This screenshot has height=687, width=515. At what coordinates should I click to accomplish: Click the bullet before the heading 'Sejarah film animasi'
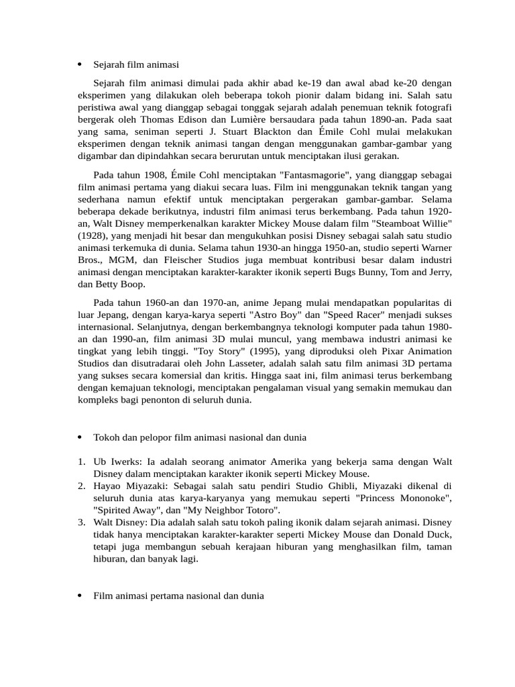click(x=79, y=64)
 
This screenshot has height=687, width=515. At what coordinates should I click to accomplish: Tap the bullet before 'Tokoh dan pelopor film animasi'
click(x=79, y=437)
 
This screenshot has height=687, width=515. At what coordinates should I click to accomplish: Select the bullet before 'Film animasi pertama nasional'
click(x=79, y=596)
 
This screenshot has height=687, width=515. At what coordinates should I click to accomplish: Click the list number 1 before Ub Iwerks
click(x=80, y=462)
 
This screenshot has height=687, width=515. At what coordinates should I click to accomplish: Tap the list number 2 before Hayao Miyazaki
click(x=80, y=486)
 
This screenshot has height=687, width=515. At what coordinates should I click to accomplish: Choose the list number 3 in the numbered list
click(x=80, y=522)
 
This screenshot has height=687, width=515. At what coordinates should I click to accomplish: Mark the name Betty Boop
click(x=117, y=284)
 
